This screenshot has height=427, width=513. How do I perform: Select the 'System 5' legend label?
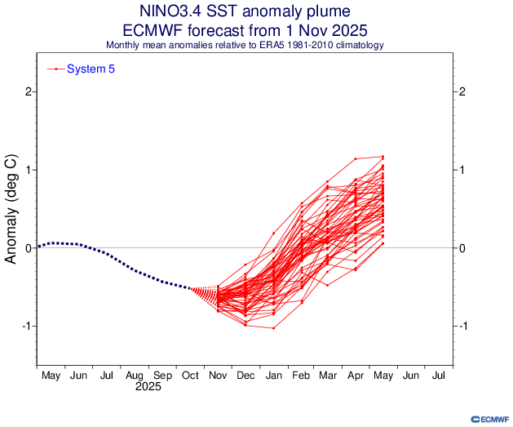tap(91, 69)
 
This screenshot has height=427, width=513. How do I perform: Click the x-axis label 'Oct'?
tap(190, 376)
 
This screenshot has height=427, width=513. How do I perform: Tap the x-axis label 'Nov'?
tap(218, 376)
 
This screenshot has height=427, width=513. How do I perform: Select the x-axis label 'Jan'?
tap(273, 376)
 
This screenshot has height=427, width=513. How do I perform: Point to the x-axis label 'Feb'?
tap(301, 376)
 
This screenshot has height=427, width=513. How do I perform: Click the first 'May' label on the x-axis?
tap(51, 376)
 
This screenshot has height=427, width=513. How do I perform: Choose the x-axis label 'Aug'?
tap(135, 376)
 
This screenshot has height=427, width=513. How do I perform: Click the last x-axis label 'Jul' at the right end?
tap(438, 376)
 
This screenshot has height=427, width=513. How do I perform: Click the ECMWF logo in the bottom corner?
tap(489, 417)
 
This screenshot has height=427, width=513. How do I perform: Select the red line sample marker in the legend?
tap(55, 69)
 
